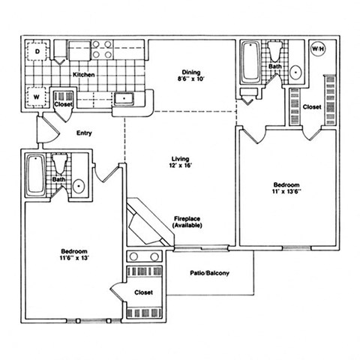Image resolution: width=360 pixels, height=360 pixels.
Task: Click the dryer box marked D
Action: click(37, 52)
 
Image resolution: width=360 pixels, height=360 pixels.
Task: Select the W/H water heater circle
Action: click(319, 49)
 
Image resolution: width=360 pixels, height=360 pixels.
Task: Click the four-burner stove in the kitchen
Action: click(103, 49)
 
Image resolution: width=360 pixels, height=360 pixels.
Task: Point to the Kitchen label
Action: click(84, 75)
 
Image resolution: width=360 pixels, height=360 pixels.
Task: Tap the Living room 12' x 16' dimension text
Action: click(180, 164)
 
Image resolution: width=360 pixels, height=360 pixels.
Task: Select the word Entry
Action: click(84, 133)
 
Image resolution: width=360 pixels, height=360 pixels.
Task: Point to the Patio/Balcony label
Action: click(210, 272)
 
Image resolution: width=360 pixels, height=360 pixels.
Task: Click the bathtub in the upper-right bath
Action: click(250, 61)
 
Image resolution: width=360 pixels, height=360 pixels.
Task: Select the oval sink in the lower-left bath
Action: click(78, 187)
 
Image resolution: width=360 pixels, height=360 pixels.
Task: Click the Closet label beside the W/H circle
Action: click(312, 107)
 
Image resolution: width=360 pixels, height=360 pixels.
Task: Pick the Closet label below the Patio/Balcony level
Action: click(144, 292)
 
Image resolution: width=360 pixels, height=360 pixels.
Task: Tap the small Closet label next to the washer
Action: click(64, 104)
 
